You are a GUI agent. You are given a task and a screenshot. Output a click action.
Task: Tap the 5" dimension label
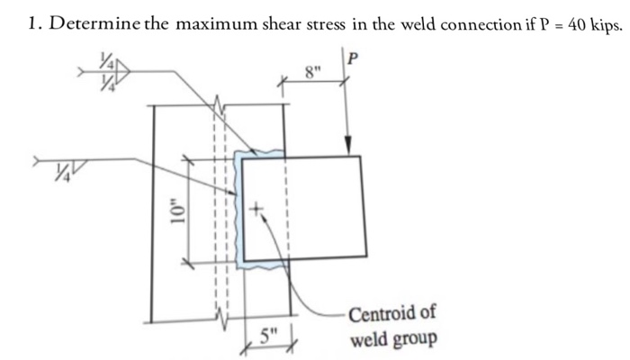tap(268, 337)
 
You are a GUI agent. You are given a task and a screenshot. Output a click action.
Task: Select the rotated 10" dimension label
tap(180, 213)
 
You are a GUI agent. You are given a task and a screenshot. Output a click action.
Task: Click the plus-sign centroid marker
tap(256, 210)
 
